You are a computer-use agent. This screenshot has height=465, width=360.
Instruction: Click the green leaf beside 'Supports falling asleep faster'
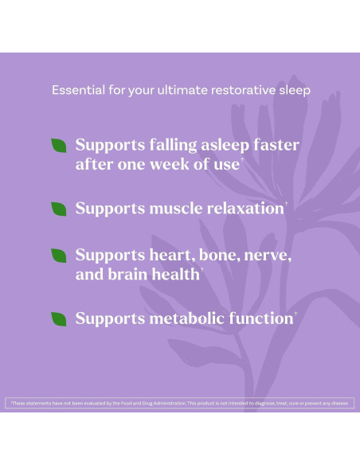pos(59,146)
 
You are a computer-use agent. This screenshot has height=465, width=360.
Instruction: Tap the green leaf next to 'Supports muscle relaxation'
pos(59,209)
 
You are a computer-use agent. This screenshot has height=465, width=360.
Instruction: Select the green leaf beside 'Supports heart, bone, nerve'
pos(59,256)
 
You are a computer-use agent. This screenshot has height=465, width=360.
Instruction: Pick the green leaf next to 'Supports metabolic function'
pos(59,318)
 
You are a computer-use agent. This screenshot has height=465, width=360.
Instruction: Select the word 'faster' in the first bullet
pos(275,146)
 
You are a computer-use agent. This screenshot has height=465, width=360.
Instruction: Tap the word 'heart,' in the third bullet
pos(178,256)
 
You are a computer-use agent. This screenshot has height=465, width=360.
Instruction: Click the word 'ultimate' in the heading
pos(176,90)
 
